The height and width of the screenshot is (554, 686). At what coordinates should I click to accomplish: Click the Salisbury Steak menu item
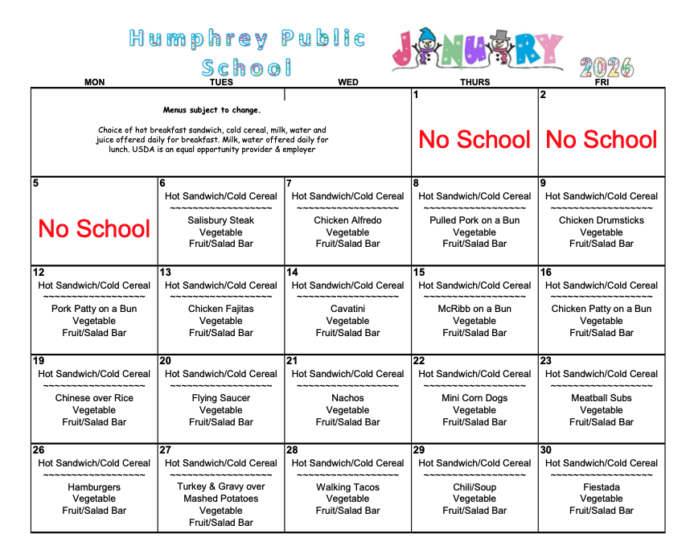[x=220, y=220]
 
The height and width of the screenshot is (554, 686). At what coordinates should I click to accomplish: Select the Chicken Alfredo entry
[x=347, y=220]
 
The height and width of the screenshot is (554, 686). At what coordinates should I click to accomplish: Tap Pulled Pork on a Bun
[x=474, y=220]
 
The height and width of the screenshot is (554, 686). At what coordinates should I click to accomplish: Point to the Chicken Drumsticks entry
[x=602, y=220]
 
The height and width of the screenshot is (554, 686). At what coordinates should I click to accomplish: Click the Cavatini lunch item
[x=347, y=309]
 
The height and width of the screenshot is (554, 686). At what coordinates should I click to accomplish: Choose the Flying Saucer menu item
[x=220, y=398]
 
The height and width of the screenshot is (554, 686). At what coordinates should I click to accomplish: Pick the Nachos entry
[x=347, y=398]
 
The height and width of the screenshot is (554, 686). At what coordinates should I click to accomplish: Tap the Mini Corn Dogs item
[x=474, y=398]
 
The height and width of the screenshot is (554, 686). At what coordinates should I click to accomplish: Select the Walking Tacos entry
[x=347, y=487]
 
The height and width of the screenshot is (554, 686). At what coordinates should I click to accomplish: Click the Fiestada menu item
[x=602, y=487]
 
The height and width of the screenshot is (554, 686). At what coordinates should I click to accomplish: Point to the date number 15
[x=419, y=273]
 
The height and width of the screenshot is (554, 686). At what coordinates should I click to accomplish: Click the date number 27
[x=166, y=450]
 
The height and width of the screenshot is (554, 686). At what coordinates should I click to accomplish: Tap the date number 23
[x=546, y=361]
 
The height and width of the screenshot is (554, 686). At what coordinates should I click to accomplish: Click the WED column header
[x=348, y=82]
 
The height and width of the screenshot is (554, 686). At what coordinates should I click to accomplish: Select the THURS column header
[x=474, y=82]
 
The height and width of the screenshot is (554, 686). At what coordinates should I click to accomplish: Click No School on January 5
[x=94, y=229]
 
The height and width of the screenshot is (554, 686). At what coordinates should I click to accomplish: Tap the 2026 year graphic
[x=606, y=67]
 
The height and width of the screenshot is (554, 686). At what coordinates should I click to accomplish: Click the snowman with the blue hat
[x=425, y=48]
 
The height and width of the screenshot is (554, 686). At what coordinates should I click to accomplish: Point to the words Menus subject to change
[x=212, y=110]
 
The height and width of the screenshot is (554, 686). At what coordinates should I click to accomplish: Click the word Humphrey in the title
[x=199, y=39]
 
